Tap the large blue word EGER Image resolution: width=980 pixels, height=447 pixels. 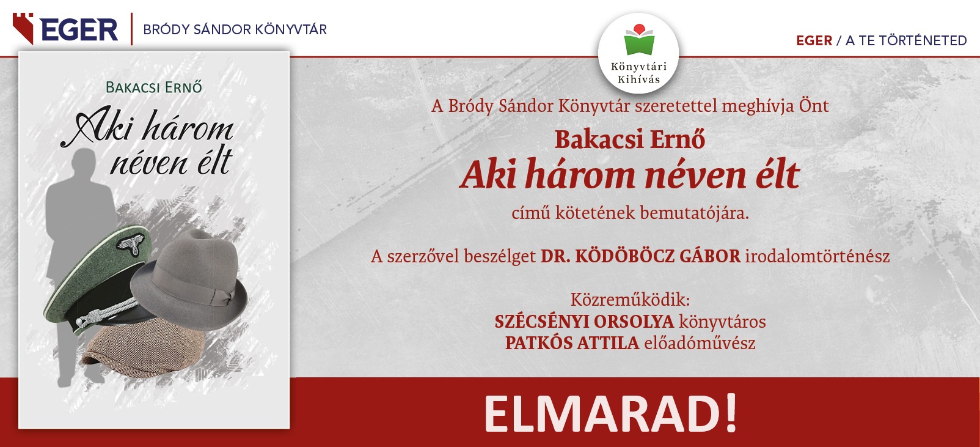(79, 30)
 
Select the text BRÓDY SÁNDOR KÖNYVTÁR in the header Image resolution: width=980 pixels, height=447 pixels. (235, 30)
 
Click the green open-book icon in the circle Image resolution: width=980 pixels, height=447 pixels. (639, 40)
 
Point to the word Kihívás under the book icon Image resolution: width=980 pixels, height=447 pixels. (638, 79)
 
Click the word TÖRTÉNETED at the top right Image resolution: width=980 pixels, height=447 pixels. (923, 41)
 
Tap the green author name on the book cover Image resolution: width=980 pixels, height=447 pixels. (154, 87)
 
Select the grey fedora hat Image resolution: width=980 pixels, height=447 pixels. (189, 279)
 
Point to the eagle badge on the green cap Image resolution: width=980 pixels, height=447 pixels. (130, 243)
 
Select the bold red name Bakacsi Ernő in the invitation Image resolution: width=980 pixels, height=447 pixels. (630, 139)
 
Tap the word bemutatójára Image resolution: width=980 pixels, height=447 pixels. (695, 213)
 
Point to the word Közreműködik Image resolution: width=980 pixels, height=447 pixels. (630, 300)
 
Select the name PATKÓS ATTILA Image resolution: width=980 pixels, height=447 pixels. (572, 343)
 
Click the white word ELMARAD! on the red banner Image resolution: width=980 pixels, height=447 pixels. (611, 414)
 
